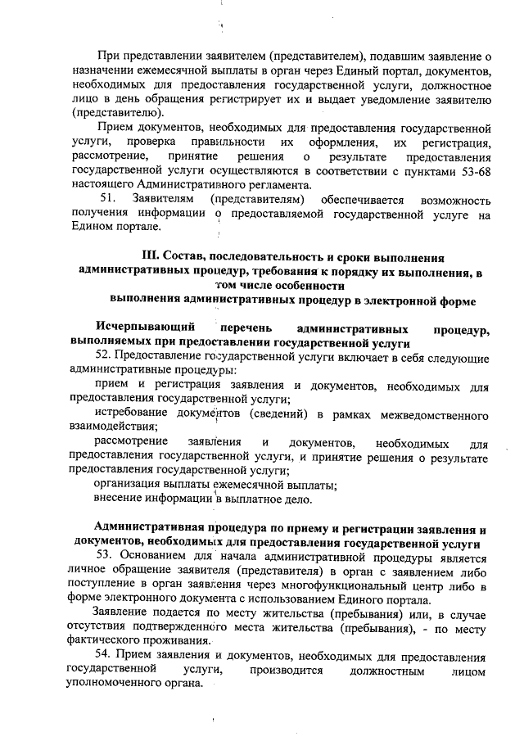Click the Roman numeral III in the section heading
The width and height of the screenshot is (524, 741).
(x=153, y=251)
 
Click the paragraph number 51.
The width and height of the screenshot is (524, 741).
(x=108, y=200)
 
